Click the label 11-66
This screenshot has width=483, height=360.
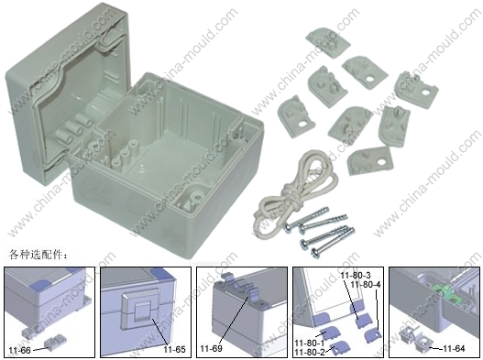point(20,350)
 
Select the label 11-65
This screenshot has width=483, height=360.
point(174,350)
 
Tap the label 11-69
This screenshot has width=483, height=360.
point(211,349)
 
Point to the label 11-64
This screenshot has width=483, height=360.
point(454,349)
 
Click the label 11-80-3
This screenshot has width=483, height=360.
point(356,275)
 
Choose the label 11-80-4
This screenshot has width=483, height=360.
point(366,285)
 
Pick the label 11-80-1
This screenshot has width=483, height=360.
point(310,343)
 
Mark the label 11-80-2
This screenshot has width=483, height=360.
point(310,352)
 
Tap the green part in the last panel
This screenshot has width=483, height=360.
point(445,291)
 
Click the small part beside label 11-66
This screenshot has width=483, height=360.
point(55,343)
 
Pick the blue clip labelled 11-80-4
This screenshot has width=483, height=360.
point(373,335)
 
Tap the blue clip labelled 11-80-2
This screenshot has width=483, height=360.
point(339,348)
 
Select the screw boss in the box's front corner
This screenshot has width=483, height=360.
point(196,196)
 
